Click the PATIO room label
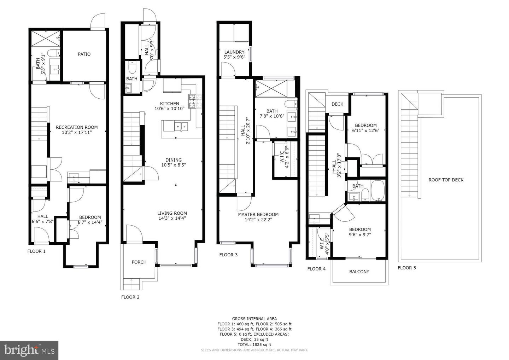click(84, 54)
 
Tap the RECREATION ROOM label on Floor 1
click(77, 127)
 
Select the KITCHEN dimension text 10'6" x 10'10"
click(170, 109)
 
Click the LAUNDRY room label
click(234, 52)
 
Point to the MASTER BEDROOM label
click(258, 214)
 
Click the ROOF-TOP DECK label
click(446, 180)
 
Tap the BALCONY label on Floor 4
click(359, 272)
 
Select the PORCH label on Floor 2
click(139, 262)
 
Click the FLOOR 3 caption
click(228, 255)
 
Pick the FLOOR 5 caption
click(406, 268)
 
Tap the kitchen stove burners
click(192, 101)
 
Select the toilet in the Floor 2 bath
click(132, 67)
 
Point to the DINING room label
click(173, 160)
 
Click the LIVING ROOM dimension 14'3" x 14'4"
click(172, 218)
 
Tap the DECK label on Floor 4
click(337, 104)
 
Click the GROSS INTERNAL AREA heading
click(254, 319)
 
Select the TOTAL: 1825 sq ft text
click(254, 344)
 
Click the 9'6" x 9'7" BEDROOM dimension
click(360, 234)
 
